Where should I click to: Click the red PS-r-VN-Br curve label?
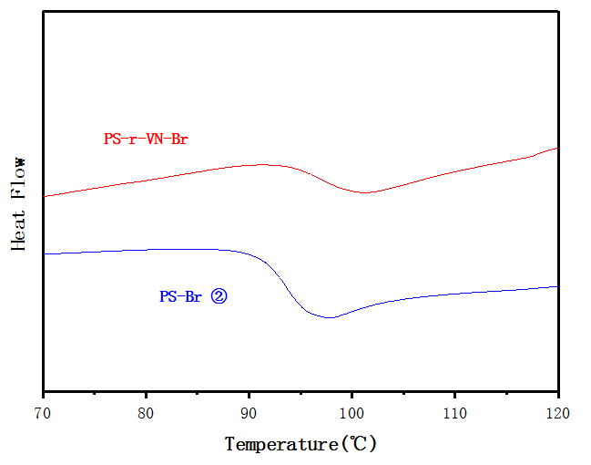146,139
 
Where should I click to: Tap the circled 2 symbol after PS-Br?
219,296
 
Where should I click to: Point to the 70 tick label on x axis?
43,412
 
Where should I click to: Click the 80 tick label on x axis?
146,412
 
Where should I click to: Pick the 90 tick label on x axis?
249,412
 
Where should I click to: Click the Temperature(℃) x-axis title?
301,444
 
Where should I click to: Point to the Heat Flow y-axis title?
19,203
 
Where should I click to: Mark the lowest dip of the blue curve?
330,318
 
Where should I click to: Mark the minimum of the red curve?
365,192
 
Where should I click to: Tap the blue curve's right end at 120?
557,286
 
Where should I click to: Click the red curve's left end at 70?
44,196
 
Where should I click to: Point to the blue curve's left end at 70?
44,253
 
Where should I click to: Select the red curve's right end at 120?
557,148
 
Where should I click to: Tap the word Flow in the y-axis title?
19,180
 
